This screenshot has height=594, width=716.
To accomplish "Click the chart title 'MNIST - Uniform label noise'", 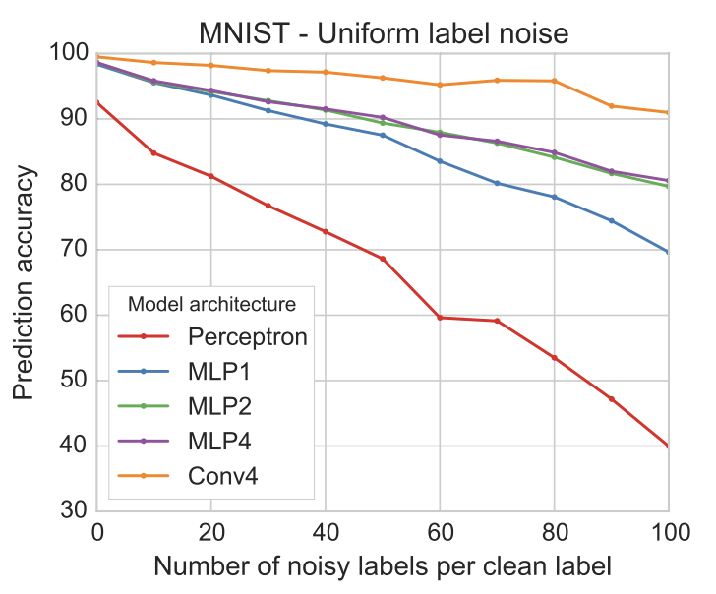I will (384, 33).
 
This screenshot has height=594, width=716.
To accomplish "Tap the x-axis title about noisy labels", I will (383, 566).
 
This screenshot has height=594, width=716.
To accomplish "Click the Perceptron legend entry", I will (246, 336).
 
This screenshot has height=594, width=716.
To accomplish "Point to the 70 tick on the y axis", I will (76, 250).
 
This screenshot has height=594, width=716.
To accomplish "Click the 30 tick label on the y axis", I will (76, 511).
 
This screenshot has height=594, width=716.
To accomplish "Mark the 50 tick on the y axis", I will (76, 381).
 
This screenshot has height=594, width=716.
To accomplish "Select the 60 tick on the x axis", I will (440, 532).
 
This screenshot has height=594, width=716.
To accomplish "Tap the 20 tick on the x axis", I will (210, 532).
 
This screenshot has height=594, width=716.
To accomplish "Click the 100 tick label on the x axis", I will (668, 532).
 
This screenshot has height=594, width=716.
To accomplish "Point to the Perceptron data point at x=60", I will (440, 318).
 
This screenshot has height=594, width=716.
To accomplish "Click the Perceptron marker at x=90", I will (612, 398).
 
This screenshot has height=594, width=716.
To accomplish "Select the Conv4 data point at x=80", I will (555, 81).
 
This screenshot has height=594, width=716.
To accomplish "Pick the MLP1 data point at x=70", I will (498, 183).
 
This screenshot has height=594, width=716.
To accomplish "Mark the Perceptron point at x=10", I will (153, 152).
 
